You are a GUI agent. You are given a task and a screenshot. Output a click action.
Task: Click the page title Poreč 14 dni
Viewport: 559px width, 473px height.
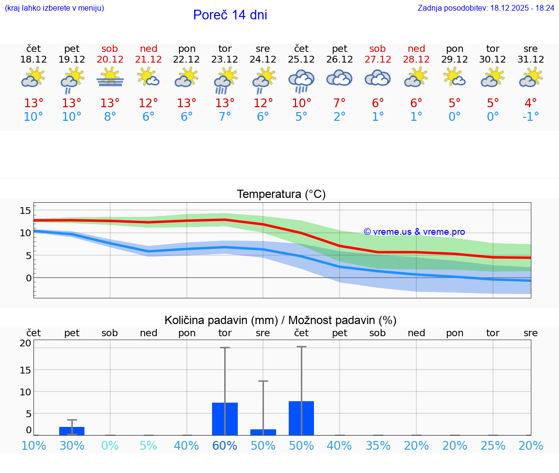tap(230, 15)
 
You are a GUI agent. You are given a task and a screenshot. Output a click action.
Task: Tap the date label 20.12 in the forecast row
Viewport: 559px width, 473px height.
tap(110, 60)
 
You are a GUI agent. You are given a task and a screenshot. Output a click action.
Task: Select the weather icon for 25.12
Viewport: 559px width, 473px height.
tap(301, 80)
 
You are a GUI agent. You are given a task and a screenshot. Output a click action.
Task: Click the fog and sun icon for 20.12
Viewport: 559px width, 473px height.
tap(110, 78)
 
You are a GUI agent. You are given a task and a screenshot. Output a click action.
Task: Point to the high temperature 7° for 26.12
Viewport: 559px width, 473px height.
tap(340, 103)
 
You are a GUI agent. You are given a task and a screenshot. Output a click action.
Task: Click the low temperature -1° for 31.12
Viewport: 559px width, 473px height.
tap(530, 117)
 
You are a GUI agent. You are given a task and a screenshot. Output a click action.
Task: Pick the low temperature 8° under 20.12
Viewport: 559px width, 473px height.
tap(110, 117)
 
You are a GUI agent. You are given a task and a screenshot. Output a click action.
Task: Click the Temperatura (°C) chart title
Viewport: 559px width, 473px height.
tap(281, 195)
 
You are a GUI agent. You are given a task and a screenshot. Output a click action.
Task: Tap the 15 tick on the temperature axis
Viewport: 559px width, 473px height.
tap(25, 210)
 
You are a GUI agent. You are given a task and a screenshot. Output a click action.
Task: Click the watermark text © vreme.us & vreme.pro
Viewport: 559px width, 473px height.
tap(414, 232)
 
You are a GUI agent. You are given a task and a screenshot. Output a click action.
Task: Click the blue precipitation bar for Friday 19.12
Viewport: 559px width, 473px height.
tap(72, 431)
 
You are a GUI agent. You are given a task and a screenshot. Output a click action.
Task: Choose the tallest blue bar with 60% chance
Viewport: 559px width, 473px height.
tap(225, 419)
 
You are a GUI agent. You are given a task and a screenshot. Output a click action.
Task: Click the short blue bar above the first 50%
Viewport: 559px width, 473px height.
tap(263, 432)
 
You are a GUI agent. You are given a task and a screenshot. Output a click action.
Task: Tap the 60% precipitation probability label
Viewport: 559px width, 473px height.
tap(225, 446)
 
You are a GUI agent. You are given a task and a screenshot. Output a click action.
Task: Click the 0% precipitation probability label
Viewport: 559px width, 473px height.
tap(110, 446)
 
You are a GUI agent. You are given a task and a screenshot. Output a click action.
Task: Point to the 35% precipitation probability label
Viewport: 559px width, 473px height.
tap(378, 446)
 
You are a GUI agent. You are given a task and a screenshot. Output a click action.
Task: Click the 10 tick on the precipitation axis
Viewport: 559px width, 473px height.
tap(25, 391)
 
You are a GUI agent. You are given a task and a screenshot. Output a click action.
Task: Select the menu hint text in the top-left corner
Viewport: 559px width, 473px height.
tap(54, 8)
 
